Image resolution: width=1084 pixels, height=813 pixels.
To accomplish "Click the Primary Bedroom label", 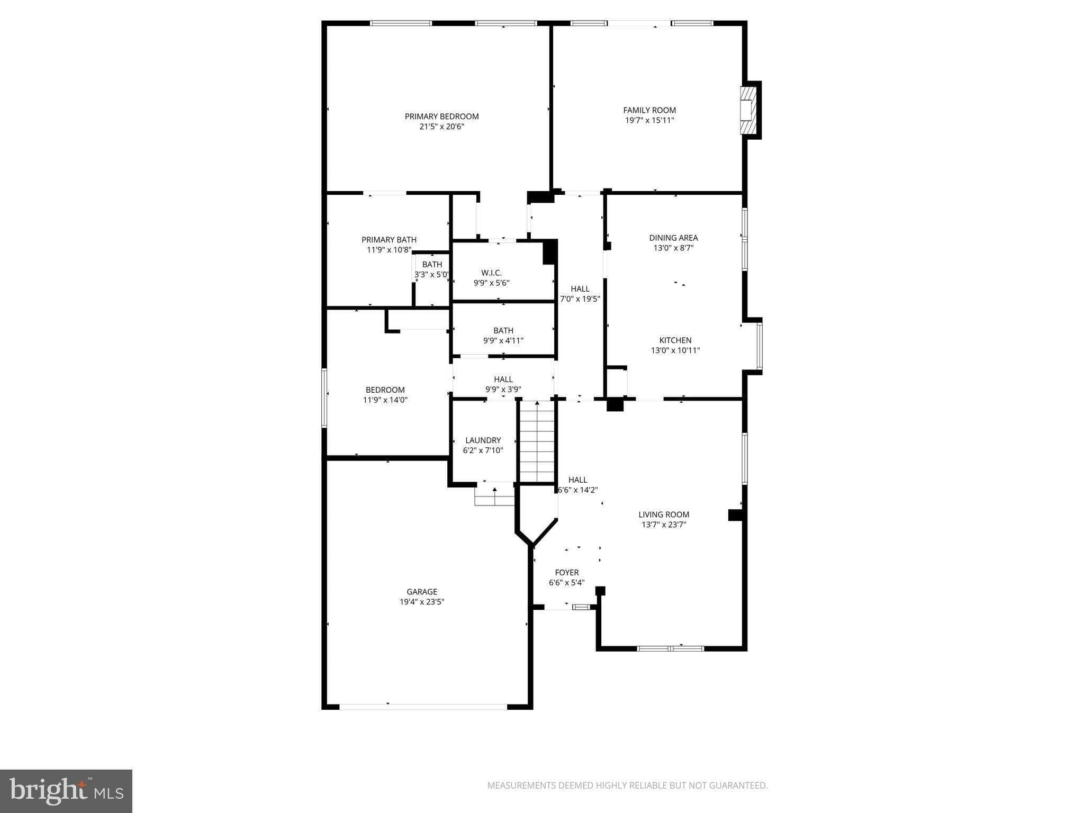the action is tap(441, 116).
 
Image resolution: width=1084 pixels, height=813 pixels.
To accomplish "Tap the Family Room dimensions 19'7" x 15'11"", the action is tap(649, 120).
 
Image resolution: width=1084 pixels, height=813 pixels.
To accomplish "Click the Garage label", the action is tap(422, 592).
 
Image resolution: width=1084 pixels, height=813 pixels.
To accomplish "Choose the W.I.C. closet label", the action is tap(491, 273).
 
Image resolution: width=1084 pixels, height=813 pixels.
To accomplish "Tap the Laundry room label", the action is tap(483, 440).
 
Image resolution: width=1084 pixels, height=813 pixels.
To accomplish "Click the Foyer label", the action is tap(567, 573).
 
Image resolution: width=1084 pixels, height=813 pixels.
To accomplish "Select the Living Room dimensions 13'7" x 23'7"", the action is tap(664, 525).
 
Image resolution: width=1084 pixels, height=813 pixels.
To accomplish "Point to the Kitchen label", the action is tap(675, 340).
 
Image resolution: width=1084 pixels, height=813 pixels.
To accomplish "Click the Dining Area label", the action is tap(673, 238).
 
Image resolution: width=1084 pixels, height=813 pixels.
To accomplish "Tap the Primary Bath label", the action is tap(389, 240).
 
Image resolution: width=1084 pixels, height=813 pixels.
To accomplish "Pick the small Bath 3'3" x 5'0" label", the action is tap(432, 269).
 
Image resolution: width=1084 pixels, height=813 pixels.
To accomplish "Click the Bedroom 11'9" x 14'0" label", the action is tap(385, 395).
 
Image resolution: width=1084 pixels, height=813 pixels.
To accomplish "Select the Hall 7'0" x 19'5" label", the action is tap(580, 294).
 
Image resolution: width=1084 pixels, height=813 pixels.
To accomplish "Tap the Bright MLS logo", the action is tap(66, 791).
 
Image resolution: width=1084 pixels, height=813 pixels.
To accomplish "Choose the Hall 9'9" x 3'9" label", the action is tap(503, 384).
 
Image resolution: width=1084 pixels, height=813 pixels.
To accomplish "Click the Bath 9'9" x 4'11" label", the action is tap(503, 336).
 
